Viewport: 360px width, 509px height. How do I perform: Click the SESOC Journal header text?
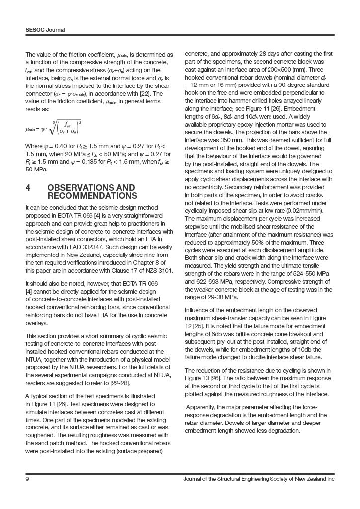pyautogui.click(x=45, y=30)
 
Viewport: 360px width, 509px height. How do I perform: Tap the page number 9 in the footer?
pyautogui.click(x=27, y=479)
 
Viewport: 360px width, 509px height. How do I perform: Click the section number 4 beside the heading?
pyautogui.click(x=28, y=188)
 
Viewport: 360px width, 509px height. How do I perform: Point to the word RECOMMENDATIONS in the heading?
pyautogui.click(x=92, y=196)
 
